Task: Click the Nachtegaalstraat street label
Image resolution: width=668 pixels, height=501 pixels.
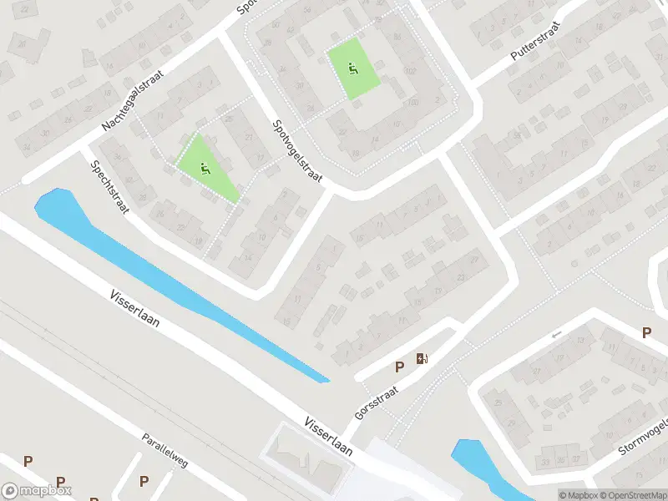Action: [134, 99]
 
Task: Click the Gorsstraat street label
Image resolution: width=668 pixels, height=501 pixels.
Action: [377, 402]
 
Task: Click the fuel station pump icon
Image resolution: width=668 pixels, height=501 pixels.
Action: [422, 360]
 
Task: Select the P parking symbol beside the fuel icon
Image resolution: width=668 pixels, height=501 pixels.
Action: [399, 367]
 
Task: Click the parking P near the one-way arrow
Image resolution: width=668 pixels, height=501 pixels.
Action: [646, 332]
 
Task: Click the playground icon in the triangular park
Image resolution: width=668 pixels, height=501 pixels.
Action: [205, 170]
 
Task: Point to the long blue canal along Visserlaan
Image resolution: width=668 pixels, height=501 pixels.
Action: [184, 284]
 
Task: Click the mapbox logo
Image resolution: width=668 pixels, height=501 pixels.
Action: [37, 491]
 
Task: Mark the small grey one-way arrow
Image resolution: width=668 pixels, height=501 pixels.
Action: [558, 335]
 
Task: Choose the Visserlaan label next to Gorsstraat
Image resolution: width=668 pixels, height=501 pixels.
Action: [327, 434]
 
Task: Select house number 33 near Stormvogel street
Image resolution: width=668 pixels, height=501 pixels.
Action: [545, 459]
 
